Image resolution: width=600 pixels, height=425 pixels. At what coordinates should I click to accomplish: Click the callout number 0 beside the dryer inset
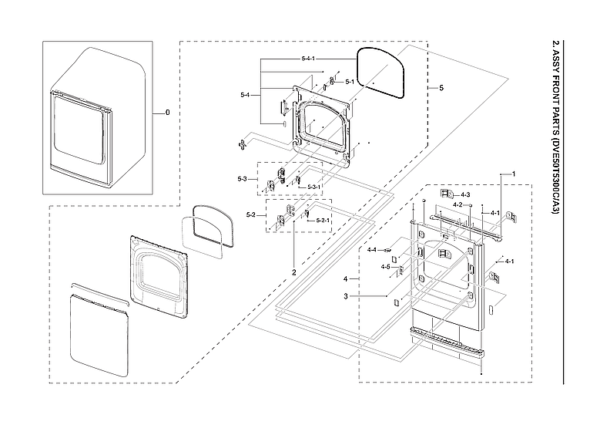tap(167, 113)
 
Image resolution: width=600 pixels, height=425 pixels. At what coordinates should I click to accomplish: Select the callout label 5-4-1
tap(313, 59)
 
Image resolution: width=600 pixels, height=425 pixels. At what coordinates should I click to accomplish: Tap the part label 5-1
tap(349, 81)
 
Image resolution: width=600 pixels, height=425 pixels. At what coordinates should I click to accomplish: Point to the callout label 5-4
tap(245, 95)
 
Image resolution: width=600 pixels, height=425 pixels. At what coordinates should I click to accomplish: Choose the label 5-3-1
tap(314, 187)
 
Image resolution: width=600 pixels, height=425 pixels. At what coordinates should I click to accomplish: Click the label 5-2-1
tap(323, 221)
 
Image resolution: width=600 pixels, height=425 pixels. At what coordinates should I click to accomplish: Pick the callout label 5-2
tap(251, 214)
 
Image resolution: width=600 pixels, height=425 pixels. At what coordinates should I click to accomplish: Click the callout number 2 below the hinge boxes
tap(293, 272)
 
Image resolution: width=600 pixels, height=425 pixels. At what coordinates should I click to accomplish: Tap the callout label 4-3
tap(466, 195)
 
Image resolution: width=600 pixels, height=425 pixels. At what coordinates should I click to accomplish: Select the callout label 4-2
tap(457, 204)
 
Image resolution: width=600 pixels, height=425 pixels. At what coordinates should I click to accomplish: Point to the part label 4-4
tap(371, 250)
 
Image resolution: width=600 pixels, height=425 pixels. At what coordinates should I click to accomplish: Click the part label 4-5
tap(385, 267)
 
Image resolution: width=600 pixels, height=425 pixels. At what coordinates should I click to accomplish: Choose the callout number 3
tap(346, 295)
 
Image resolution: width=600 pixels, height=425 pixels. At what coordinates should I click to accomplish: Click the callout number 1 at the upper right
tap(514, 174)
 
